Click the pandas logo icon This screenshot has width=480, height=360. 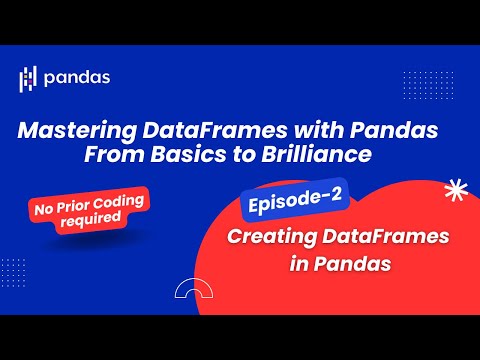[x=28, y=78]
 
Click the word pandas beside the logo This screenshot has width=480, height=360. [x=78, y=77]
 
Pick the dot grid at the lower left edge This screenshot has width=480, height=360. [x=14, y=270]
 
